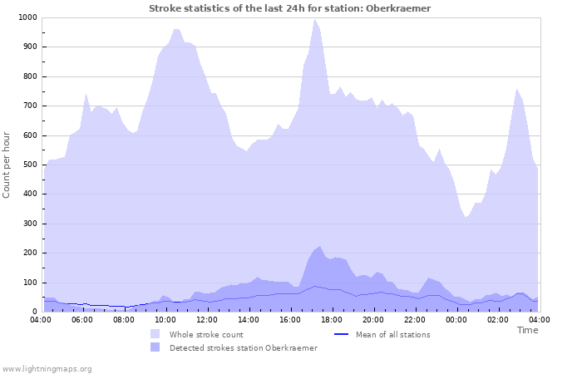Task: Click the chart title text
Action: (x=290, y=8)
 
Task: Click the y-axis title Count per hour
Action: (x=7, y=164)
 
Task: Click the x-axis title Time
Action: (x=527, y=330)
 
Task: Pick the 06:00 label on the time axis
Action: (x=82, y=319)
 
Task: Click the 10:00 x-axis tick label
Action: (x=165, y=319)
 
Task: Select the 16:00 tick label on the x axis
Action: (x=290, y=319)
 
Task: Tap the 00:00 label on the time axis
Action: (x=456, y=319)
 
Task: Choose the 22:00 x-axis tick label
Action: (x=415, y=319)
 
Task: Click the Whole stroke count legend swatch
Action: (x=155, y=334)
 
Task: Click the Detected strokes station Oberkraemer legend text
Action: (x=243, y=347)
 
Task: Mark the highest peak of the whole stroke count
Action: (x=315, y=19)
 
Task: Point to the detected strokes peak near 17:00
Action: (x=320, y=246)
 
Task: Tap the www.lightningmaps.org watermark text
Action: (x=47, y=368)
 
